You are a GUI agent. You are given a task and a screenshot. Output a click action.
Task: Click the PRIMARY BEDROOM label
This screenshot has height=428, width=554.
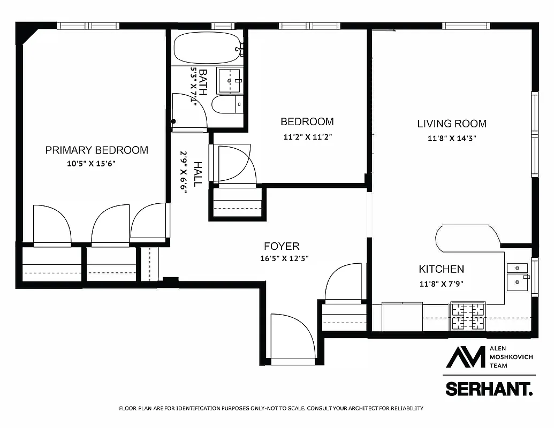[96, 150]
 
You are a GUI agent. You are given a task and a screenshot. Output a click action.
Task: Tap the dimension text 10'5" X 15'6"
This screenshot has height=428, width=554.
[92, 164]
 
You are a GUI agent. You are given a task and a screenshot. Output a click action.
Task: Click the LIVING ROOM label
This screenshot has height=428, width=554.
[452, 124]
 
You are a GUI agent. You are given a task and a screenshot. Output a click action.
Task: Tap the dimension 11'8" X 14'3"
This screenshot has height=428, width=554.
[452, 138]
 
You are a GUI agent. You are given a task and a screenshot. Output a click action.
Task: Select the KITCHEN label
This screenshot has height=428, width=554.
[441, 269]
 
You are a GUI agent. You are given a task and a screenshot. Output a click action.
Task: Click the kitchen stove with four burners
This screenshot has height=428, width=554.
[468, 316]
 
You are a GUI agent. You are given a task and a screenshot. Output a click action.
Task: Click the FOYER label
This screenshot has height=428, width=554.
[282, 247]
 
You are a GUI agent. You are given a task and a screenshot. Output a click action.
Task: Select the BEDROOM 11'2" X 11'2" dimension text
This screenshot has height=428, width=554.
[308, 136]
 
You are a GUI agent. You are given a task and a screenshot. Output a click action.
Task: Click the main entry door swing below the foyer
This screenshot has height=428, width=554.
[292, 337]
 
